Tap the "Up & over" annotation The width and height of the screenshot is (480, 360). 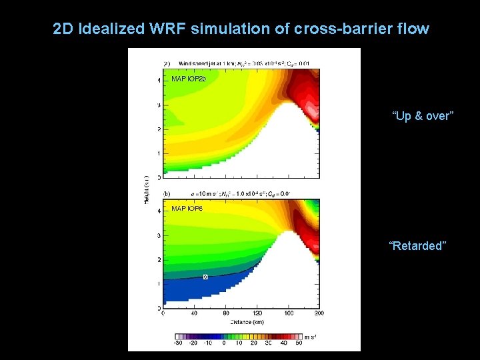[x=423, y=116]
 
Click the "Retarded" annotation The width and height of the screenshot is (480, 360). [x=417, y=246]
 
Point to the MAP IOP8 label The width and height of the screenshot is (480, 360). [x=187, y=209]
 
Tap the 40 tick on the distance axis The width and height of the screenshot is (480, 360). [x=194, y=313]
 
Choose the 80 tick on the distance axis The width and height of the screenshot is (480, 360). [x=225, y=313]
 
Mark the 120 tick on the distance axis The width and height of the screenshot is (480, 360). [x=257, y=313]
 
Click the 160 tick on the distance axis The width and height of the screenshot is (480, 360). [x=289, y=313]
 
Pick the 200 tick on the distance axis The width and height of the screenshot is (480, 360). [x=319, y=313]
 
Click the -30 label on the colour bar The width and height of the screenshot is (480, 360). [x=178, y=343]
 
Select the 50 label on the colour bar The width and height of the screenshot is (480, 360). [x=299, y=343]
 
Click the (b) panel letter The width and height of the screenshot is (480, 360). [x=167, y=193]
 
